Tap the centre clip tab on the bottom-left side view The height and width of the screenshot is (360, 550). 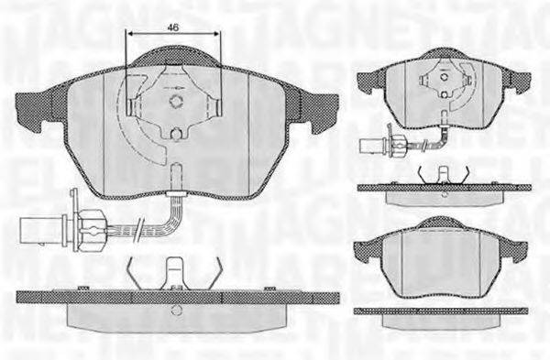coord(173,273)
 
